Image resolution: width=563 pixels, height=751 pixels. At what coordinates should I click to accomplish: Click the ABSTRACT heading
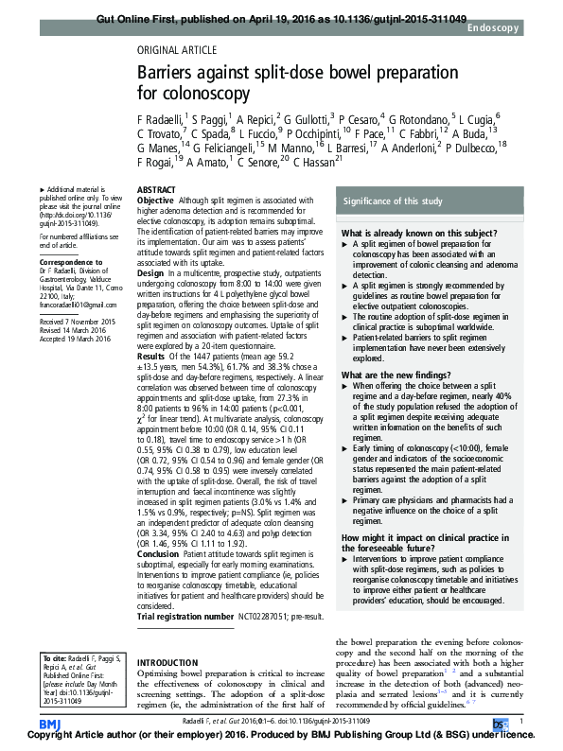[157, 190]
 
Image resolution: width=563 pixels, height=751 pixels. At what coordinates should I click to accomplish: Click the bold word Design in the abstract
[150, 272]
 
